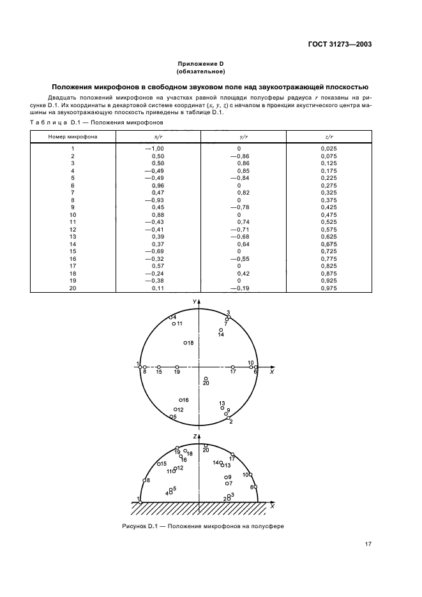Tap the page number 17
(368, 544)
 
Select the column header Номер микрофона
(72, 136)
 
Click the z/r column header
(328, 136)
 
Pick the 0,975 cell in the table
(328, 288)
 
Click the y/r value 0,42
(243, 273)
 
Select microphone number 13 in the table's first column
(73, 236)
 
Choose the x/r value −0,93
(154, 200)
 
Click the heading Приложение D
(200, 64)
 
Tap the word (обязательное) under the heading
(200, 72)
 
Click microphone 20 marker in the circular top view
(206, 379)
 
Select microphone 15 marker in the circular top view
(159, 367)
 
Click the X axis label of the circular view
(271, 372)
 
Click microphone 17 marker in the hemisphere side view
(232, 455)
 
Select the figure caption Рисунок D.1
(201, 527)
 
